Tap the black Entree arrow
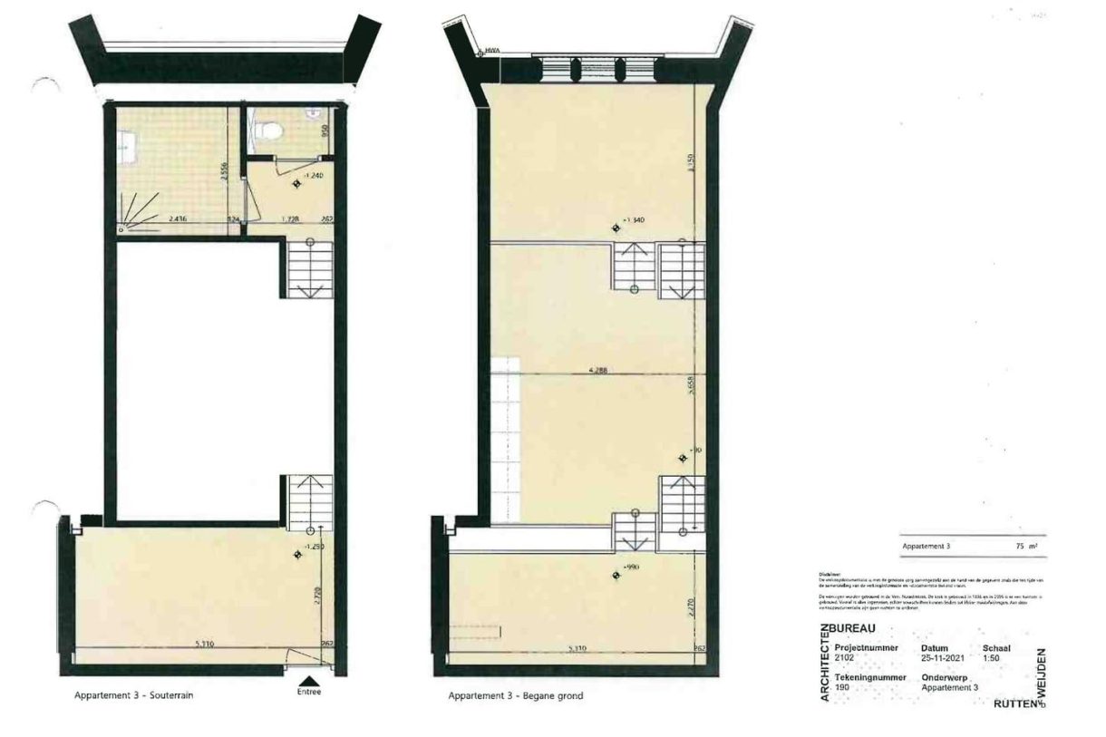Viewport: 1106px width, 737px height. coord(309,679)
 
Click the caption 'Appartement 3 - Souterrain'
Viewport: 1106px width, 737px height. coord(134,696)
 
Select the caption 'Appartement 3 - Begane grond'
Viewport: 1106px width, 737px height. coord(515,696)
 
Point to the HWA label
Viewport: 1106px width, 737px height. coord(493,52)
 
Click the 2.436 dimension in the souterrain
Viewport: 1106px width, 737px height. coord(178,218)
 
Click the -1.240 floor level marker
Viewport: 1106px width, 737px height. coord(315,174)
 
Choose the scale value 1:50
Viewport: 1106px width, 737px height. coord(991,659)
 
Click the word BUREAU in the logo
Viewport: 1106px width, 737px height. coord(858,628)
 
